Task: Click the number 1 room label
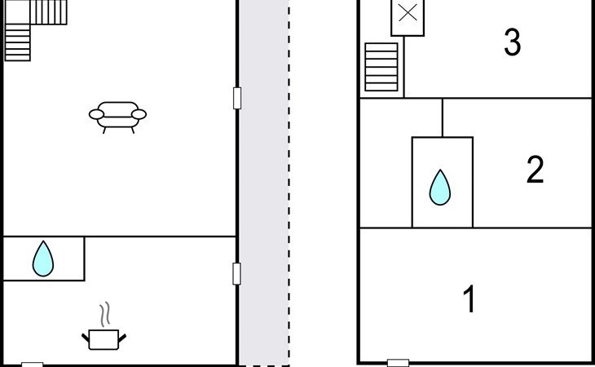[469, 298]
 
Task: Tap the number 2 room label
[535, 170]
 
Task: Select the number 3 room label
[513, 42]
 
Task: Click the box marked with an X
[408, 17]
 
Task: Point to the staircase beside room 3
[381, 67]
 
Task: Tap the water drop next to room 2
[440, 188]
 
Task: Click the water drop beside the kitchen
[43, 259]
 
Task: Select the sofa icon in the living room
[117, 117]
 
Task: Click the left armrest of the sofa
[96, 114]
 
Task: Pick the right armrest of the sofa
[139, 114]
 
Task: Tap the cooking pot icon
[104, 339]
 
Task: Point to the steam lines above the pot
[105, 314]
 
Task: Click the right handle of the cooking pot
[122, 338]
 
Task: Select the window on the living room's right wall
[237, 99]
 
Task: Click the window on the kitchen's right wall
[237, 274]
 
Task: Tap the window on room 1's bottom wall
[398, 363]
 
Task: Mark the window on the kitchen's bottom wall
[33, 365]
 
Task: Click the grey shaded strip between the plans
[264, 183]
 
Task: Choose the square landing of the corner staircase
[17, 12]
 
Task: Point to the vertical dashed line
[289, 183]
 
